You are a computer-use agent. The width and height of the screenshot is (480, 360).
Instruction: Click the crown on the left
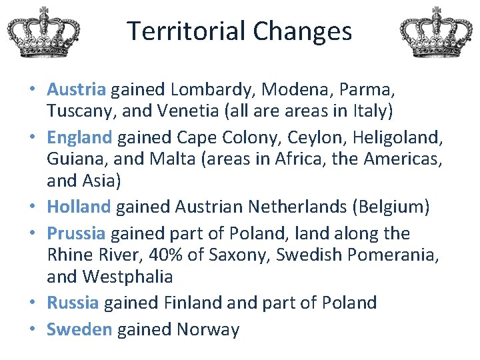44,31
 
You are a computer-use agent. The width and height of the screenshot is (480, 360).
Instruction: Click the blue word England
79,137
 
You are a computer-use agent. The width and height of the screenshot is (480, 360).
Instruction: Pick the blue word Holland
79,207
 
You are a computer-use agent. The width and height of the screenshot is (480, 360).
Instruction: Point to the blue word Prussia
76,233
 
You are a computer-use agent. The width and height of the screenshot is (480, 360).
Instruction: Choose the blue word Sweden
79,329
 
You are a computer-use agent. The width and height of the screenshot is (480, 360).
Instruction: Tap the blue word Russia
73,303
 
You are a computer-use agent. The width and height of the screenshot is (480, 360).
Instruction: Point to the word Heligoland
397,137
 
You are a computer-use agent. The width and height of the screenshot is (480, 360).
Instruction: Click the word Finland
188,303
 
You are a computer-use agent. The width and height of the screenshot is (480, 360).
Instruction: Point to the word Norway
208,329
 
